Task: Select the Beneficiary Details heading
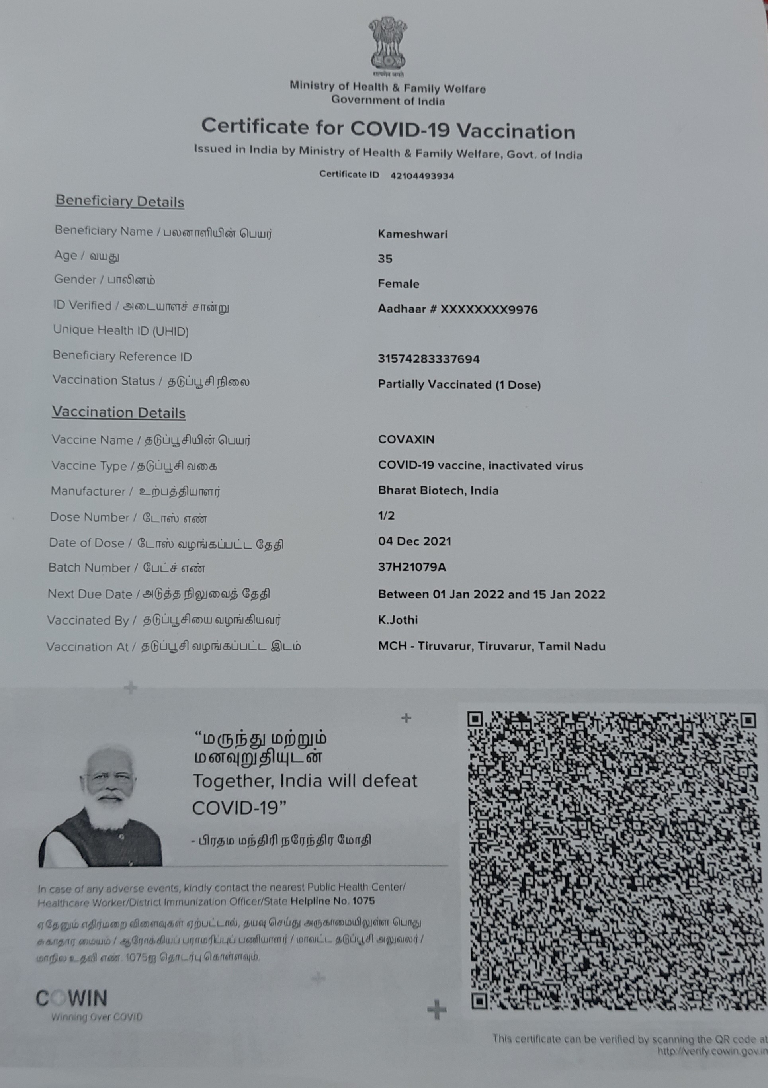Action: point(120,201)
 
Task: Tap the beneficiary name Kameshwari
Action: point(412,234)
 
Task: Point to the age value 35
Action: point(385,259)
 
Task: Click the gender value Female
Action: point(398,284)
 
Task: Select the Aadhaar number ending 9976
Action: point(458,309)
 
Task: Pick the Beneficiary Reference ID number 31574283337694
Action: point(428,359)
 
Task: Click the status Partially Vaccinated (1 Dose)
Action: point(459,384)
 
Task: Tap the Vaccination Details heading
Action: point(119,412)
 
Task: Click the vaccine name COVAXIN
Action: point(406,439)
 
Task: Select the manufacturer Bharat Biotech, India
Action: point(438,490)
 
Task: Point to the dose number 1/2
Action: point(386,516)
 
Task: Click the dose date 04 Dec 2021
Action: point(414,541)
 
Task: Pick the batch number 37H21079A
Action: point(412,567)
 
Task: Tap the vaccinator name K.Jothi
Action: point(397,620)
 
